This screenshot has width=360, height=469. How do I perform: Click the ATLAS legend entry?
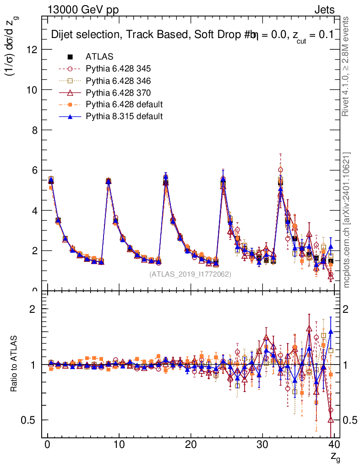pyautogui.click(x=99, y=57)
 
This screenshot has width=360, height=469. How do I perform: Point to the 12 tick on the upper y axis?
pyautogui.click(x=32, y=49)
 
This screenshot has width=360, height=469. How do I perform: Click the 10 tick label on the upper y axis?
pyautogui.click(x=32, y=90)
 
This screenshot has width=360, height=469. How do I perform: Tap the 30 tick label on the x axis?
pyautogui.click(x=262, y=444)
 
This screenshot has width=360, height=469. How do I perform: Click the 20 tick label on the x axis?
pyautogui.click(x=191, y=444)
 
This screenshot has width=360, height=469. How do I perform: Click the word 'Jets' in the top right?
pyautogui.click(x=324, y=10)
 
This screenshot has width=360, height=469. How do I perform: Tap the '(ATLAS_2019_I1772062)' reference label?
pyautogui.click(x=190, y=274)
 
